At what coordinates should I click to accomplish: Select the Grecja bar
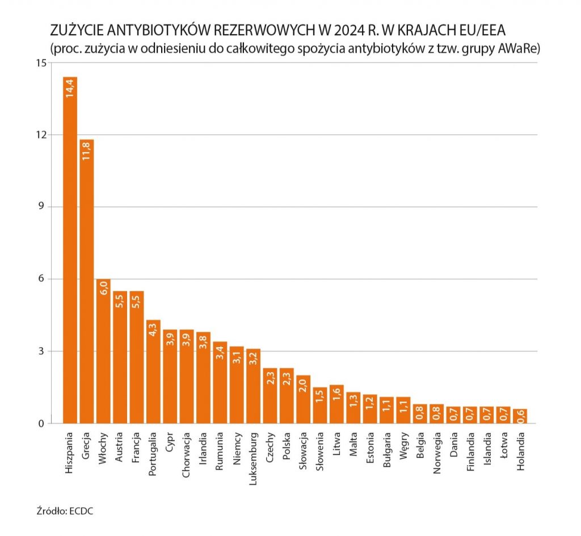[x=87, y=284]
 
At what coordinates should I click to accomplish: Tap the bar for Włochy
[x=104, y=352]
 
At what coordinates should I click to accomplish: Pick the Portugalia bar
[x=154, y=372]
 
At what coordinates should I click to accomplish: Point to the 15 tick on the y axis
[x=40, y=62]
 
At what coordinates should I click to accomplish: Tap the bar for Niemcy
[x=237, y=386]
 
